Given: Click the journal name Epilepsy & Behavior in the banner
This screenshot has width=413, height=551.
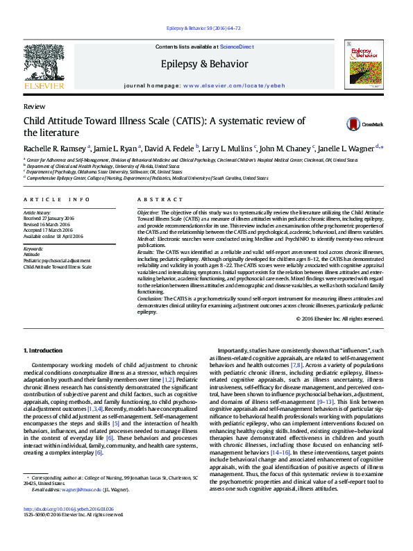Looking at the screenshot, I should pos(204,64).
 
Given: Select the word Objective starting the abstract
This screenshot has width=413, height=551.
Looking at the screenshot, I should pos(147,212).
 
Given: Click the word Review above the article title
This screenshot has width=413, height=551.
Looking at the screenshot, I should pos(34,108).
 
